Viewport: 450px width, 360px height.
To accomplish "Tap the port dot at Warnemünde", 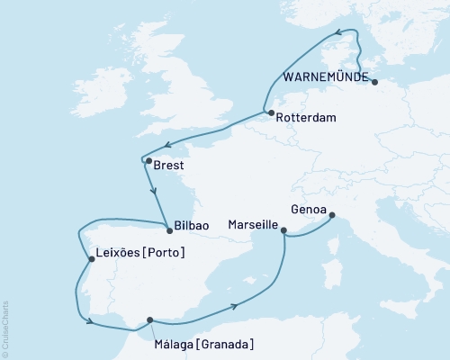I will click(374, 83).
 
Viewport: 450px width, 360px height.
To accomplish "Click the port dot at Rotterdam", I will click(270, 112).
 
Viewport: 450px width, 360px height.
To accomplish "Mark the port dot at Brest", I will click(148, 161).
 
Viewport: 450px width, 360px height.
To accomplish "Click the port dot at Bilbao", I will click(167, 225).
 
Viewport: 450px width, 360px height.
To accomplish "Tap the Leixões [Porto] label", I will click(139, 253).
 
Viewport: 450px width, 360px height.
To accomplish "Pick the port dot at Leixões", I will click(91, 260).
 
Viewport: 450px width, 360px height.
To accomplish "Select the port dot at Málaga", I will click(149, 319).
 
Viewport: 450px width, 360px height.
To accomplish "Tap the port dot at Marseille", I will click(284, 231).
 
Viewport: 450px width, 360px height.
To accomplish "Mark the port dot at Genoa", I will click(332, 215).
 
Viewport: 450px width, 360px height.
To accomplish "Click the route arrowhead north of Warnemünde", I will click(341, 34).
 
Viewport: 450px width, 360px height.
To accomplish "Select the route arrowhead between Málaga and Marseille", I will click(236, 307).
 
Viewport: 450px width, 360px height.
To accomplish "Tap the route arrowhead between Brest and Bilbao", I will click(155, 191).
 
